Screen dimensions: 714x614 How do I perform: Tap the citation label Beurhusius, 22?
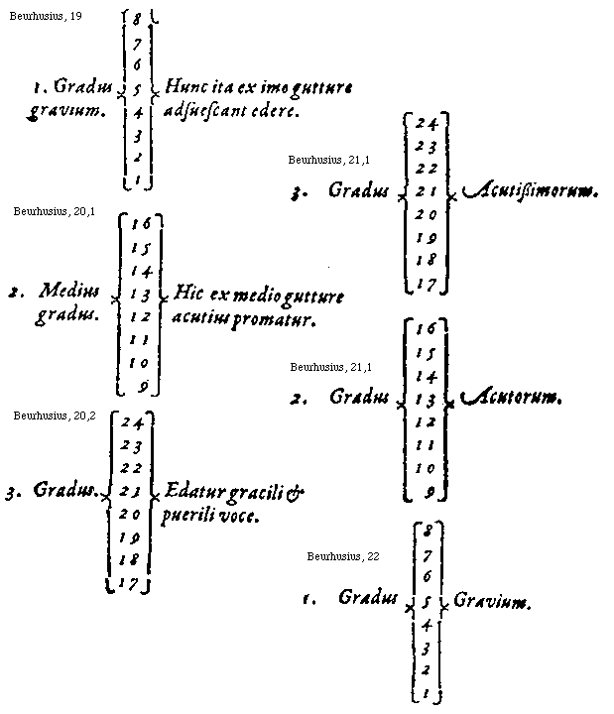point(343,555)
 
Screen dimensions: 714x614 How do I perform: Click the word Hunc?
point(185,88)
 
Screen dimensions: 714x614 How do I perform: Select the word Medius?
point(69,293)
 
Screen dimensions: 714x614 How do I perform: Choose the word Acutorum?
point(511,399)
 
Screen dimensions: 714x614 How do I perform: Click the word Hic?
point(187,295)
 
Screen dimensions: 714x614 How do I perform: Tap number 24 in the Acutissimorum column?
point(428,123)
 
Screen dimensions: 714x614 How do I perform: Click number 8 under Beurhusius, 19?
point(136,18)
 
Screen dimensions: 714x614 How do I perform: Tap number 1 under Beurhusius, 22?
point(425,696)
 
